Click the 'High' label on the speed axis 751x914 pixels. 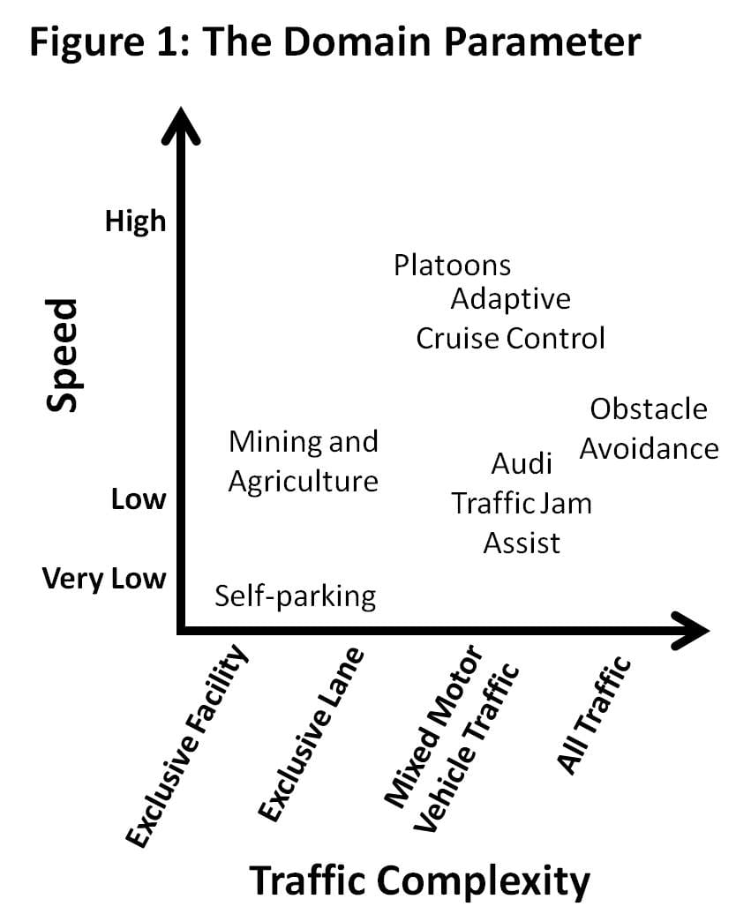(135, 221)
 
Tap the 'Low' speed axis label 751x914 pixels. (138, 499)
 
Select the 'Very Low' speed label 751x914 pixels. (103, 580)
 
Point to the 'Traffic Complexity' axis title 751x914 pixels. (419, 880)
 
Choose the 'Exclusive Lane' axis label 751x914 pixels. (311, 733)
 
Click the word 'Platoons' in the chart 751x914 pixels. (452, 265)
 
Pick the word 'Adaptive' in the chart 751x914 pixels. (510, 299)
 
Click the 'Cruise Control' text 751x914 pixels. (510, 338)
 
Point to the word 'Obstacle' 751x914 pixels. (648, 409)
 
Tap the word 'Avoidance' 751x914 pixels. (649, 449)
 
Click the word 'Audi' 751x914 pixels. (522, 463)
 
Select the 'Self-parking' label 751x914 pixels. (296, 596)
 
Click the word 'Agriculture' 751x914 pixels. (303, 482)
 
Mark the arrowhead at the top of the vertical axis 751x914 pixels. (180, 129)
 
